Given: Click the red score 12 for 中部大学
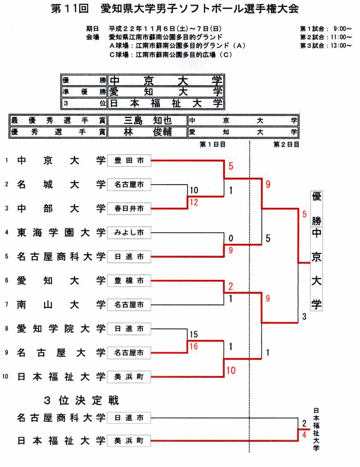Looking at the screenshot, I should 194,202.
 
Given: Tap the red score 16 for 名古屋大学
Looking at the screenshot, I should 194,347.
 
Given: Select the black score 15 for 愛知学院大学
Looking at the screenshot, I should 194,335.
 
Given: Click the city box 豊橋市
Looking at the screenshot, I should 129,281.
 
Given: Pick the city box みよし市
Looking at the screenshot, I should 129,232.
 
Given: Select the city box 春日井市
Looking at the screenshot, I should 129,208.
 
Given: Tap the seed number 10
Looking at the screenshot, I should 6,377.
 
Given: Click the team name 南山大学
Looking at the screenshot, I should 61,305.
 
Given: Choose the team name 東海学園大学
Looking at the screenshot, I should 61,232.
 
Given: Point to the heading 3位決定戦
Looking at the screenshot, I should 82,400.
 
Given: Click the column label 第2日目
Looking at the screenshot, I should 286,145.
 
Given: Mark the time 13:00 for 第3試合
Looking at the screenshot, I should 338,45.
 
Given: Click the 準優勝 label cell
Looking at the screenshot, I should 84,92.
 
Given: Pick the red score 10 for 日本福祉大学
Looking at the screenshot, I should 230,370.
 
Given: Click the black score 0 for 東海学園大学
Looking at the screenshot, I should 231,239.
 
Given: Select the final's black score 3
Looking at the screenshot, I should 304,316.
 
